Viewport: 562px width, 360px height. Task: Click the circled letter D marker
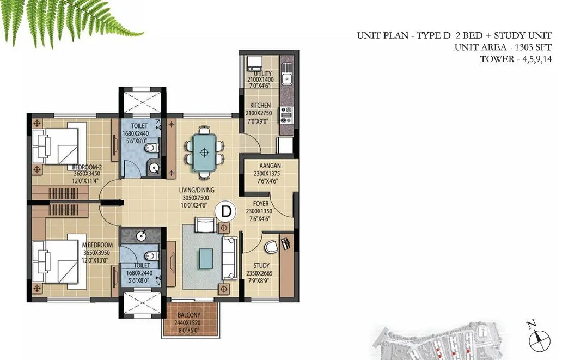tap(226, 210)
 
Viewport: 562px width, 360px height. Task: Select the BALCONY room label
tap(188, 315)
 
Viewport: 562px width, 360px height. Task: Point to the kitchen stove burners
tap(286, 114)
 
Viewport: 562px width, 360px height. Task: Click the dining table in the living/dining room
tap(204, 152)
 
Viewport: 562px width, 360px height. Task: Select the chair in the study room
tap(271, 248)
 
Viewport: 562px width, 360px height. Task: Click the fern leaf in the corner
tap(65, 19)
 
